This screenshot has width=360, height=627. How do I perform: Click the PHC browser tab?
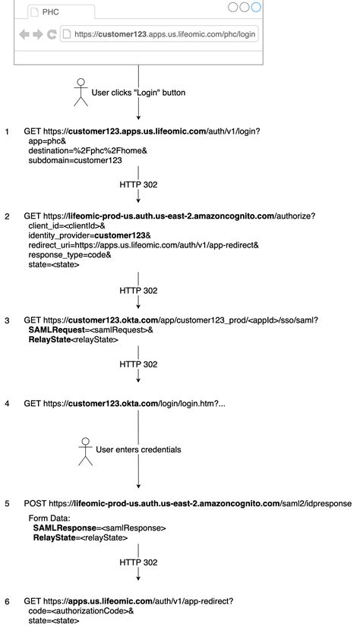pyautogui.click(x=61, y=12)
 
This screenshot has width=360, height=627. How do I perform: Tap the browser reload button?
pyautogui.click(x=52, y=34)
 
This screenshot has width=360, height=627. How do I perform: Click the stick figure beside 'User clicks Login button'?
pyautogui.click(x=80, y=92)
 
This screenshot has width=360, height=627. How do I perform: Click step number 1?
pyautogui.click(x=8, y=132)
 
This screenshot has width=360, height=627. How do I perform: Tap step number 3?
pyautogui.click(x=8, y=320)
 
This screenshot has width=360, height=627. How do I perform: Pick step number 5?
pyautogui.click(x=8, y=503)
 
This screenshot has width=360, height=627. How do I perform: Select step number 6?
pyautogui.click(x=8, y=601)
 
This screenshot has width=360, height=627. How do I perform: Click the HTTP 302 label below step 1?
pyautogui.click(x=138, y=184)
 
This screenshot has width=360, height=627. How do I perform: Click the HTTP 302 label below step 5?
pyautogui.click(x=138, y=562)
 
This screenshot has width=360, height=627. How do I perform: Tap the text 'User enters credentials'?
pyautogui.click(x=138, y=449)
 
